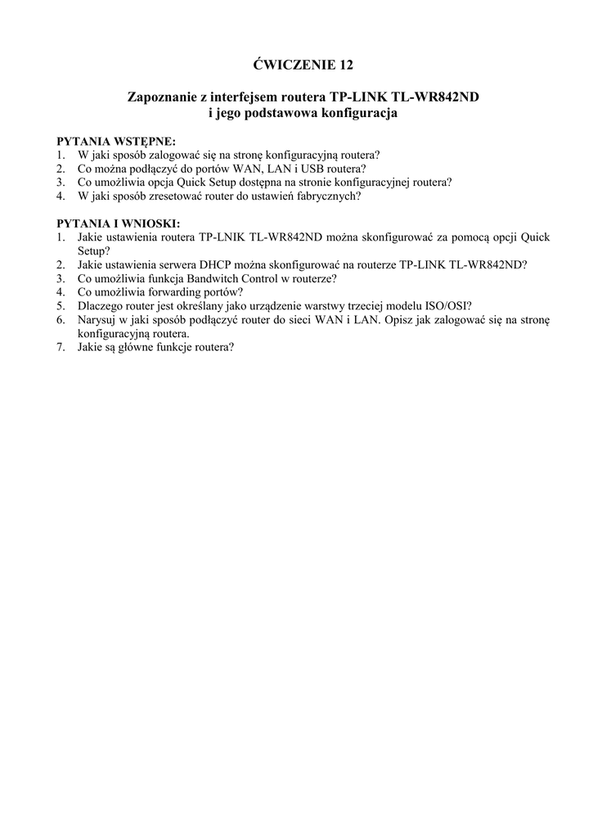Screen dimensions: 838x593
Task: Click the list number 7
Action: [61, 347]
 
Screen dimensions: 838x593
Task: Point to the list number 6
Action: [61, 320]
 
